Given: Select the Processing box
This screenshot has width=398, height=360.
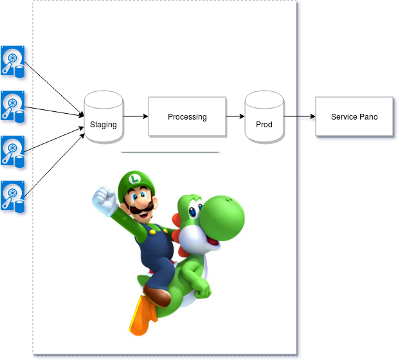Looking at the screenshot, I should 187,116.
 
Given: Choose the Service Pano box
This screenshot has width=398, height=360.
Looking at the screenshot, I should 354,116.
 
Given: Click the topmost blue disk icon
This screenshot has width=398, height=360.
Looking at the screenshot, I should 13,62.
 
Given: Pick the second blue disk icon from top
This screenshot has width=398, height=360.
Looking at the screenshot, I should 13,107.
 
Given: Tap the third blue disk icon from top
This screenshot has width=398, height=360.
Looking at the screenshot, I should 13,152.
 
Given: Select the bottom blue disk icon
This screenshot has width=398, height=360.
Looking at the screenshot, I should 13,197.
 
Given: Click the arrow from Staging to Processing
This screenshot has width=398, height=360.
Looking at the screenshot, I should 135,116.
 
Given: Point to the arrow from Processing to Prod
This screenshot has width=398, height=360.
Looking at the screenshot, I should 235,116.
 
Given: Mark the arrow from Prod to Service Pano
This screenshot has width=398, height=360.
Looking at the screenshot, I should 300,116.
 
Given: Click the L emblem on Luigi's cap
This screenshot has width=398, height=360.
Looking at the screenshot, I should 134,177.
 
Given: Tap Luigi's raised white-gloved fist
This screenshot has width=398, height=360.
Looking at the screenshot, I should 103,199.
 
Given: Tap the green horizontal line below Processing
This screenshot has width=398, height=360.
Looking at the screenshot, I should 170,152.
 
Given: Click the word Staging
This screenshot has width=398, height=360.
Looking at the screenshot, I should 103,125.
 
